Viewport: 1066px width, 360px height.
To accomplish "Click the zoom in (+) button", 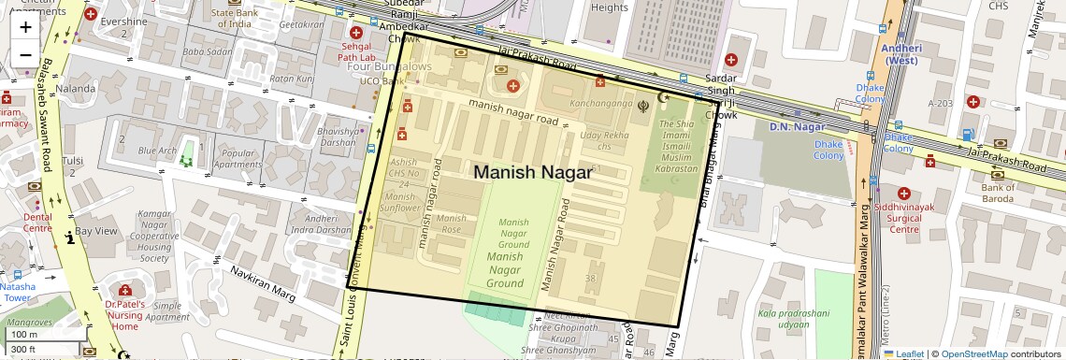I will pyautogui.click(x=25, y=26).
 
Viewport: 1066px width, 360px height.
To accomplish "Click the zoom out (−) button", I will pyautogui.click(x=25, y=54).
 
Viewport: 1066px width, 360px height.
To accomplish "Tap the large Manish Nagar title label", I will pyautogui.click(x=532, y=173).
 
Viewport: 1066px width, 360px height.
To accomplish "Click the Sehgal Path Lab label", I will pyautogui.click(x=355, y=50).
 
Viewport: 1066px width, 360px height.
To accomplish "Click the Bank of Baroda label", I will pyautogui.click(x=999, y=193).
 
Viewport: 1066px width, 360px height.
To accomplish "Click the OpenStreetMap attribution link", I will pyautogui.click(x=973, y=354).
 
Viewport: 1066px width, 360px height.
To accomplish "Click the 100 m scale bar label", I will pyautogui.click(x=25, y=335).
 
